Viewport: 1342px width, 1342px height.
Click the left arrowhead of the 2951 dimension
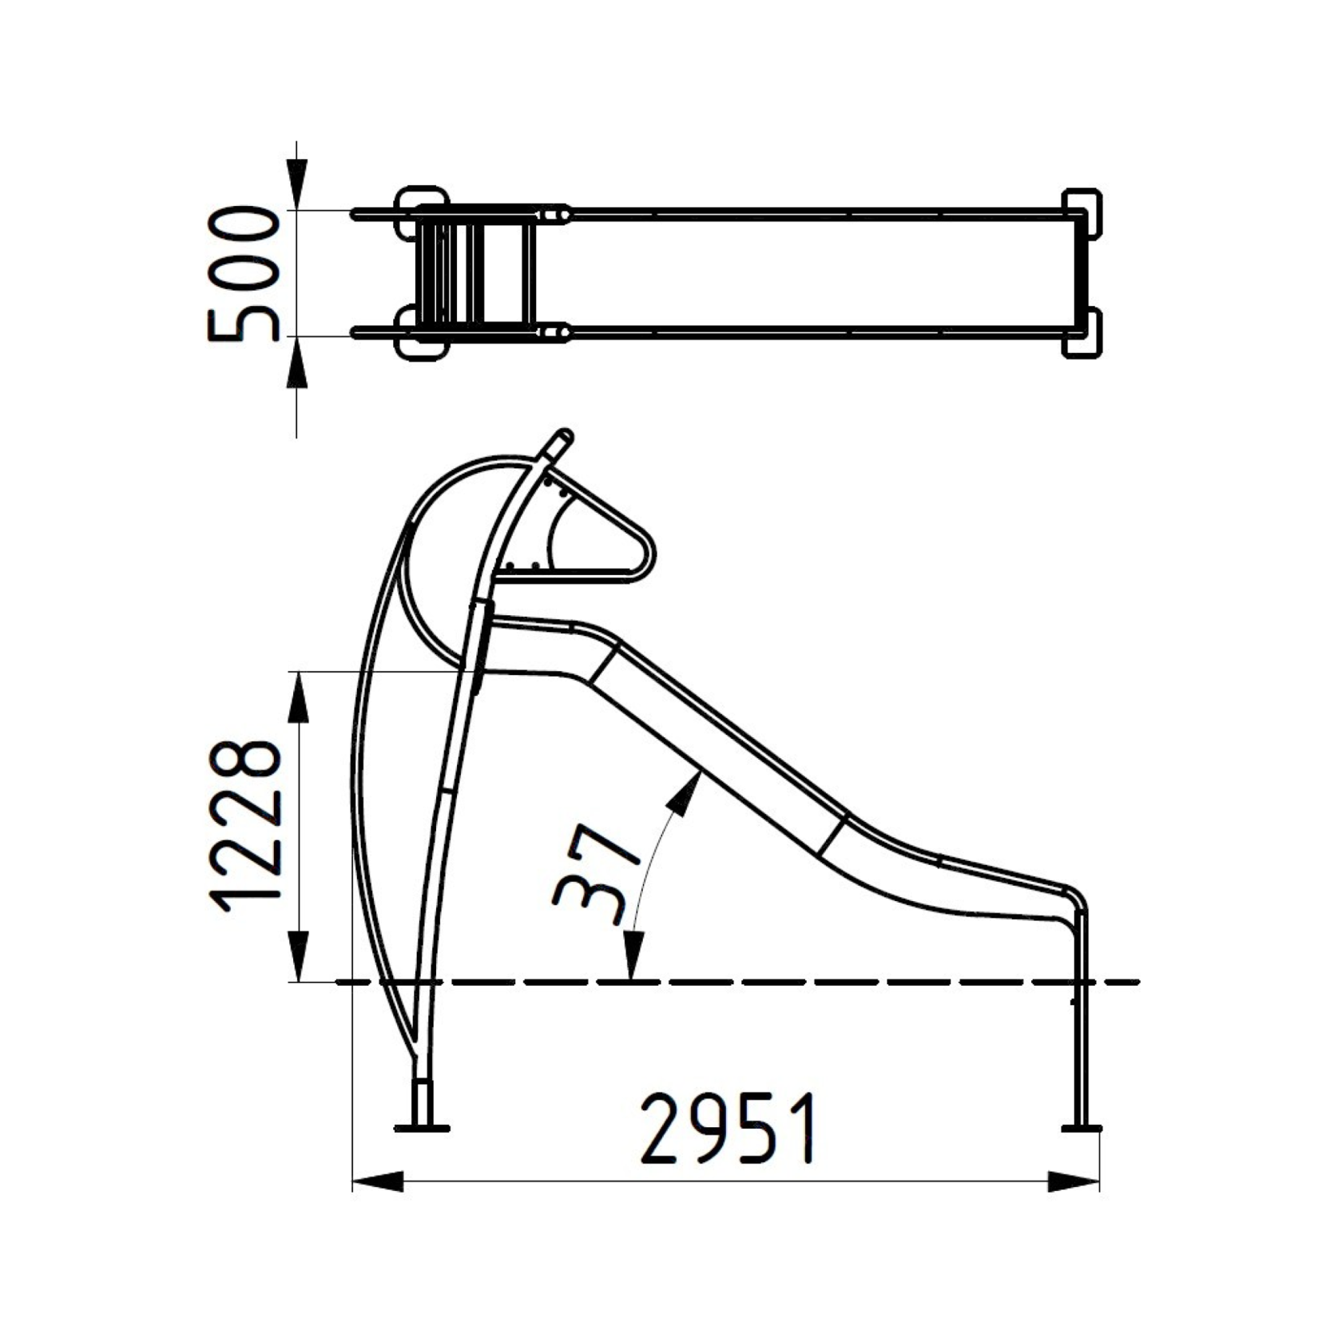click(378, 1181)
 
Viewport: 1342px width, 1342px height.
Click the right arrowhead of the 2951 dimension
click(1074, 1181)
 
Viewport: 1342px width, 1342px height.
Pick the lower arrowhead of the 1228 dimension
click(297, 955)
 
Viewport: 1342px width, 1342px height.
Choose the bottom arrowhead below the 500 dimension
click(297, 363)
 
